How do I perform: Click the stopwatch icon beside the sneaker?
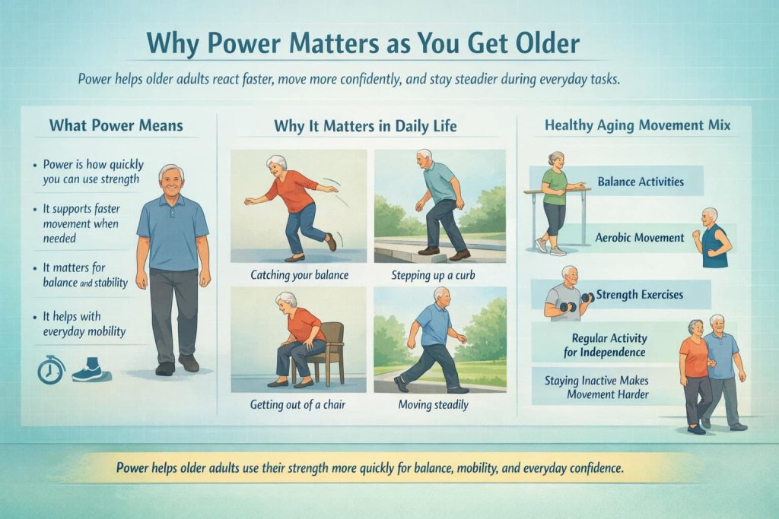(51, 369)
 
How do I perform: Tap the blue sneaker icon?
(87, 372)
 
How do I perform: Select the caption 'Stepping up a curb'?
(439, 274)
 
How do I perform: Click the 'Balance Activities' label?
(640, 182)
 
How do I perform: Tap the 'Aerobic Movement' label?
(641, 238)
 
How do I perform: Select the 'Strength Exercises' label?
(639, 294)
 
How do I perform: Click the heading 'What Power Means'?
(116, 125)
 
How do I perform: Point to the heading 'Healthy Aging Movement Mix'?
(638, 125)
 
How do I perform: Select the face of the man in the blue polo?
(172, 181)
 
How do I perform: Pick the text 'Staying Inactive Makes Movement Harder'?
(601, 387)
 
